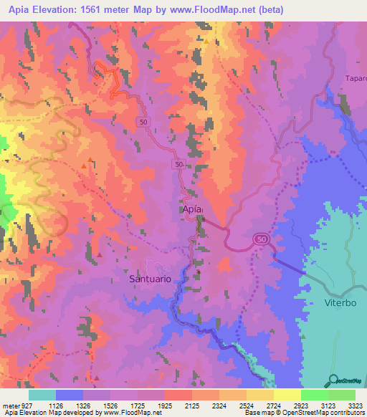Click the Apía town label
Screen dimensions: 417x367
(190, 208)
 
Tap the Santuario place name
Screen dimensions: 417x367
(150, 279)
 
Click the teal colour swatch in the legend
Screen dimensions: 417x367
(42, 395)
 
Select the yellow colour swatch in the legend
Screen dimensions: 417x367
(287, 395)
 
